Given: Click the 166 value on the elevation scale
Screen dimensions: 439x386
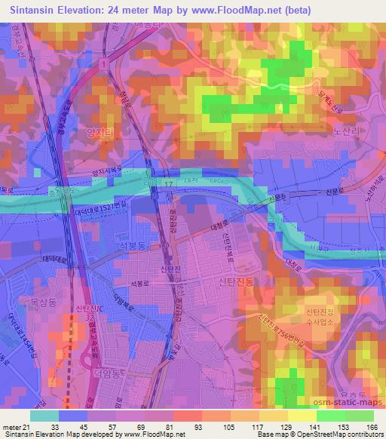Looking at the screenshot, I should [371, 427].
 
